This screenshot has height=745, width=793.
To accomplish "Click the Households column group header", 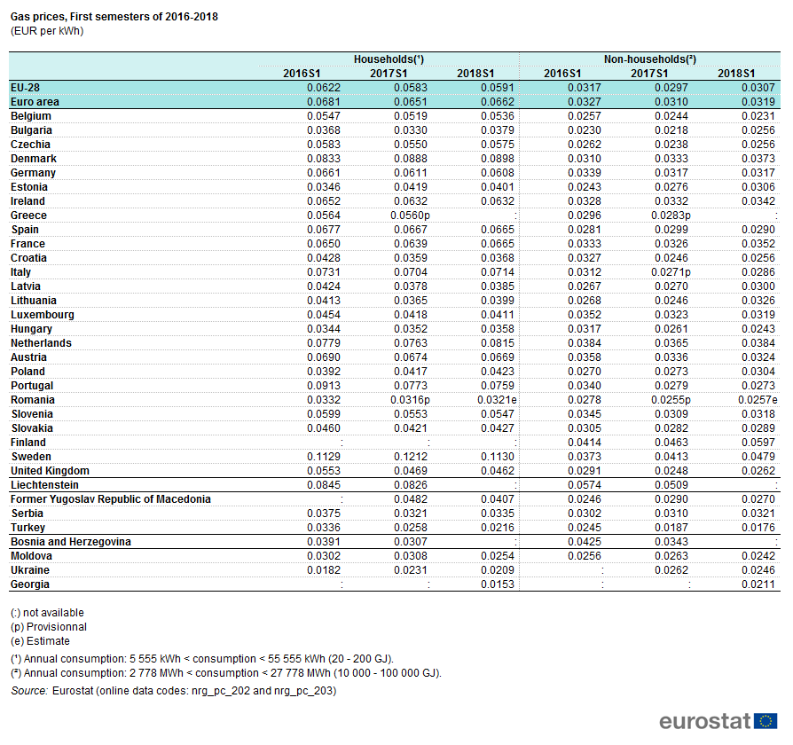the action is (389, 59).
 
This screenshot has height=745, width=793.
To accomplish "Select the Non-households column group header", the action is (650, 59).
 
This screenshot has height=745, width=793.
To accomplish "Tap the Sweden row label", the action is (31, 457).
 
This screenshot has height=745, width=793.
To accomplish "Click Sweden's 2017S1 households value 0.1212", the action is (410, 457).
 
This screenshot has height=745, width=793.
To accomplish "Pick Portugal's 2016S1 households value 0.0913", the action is (323, 386).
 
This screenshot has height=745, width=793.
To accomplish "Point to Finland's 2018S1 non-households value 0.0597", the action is (758, 443).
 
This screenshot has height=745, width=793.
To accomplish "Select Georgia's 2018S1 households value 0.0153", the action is (497, 584).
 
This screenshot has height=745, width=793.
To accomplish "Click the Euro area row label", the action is (35, 102).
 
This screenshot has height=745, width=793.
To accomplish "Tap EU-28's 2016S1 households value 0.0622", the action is (323, 88).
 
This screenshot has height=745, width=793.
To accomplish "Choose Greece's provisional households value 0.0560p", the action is (410, 216).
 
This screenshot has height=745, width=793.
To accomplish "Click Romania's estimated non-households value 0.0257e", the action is (758, 400).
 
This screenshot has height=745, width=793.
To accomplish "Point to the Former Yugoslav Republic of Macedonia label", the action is (111, 499).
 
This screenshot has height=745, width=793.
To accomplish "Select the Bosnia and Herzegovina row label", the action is (71, 542).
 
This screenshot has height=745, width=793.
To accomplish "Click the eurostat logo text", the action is (705, 721).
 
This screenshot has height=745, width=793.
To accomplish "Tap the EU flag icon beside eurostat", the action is (766, 721).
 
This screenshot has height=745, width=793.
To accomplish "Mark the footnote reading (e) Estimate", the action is (40, 641).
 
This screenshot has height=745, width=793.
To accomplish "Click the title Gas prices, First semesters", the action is (114, 17).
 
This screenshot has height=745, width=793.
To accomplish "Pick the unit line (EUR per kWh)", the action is (47, 31).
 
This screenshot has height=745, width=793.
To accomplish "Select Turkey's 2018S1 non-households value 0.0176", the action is (758, 528).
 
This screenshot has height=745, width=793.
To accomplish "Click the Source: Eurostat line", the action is (174, 690).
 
